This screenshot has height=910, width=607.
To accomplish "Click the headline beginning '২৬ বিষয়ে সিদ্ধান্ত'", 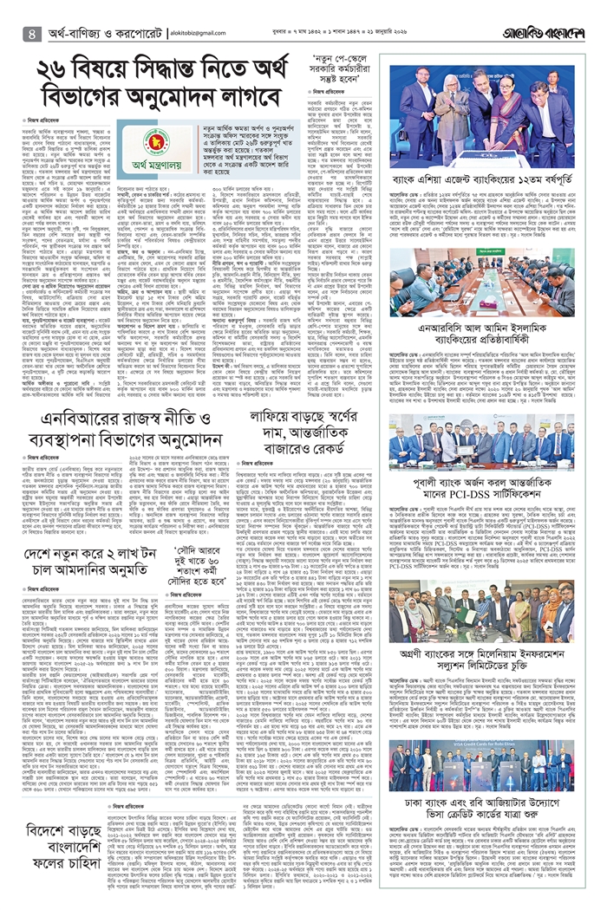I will [203, 88].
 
